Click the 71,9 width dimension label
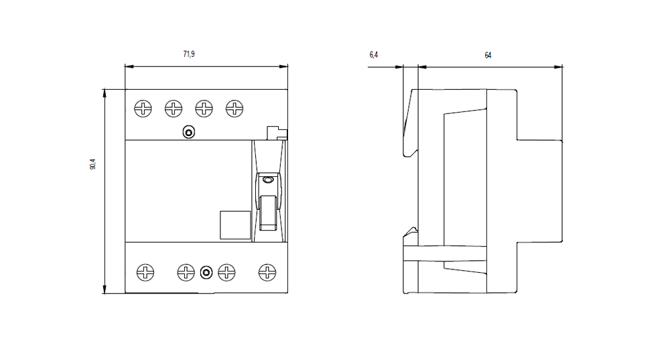coord(189,54)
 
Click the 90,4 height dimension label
coord(92,164)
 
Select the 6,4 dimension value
coord(373,55)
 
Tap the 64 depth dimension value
coord(488,55)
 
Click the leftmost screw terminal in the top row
coord(143,109)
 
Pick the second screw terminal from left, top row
coord(174,109)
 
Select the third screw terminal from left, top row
coord(204,109)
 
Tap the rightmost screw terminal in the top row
coord(234,109)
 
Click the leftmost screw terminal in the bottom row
coord(145,272)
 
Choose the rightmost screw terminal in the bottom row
coord(267,272)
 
